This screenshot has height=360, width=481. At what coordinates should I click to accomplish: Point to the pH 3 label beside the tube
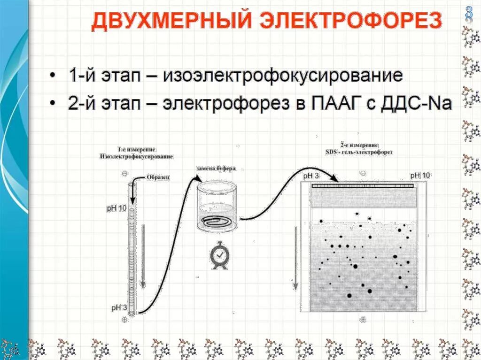tap(118, 308)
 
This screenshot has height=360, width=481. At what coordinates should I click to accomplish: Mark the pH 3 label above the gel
tap(311, 176)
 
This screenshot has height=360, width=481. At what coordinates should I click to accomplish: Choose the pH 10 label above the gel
tap(420, 176)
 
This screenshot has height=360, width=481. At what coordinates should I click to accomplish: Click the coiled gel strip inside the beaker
tap(217, 221)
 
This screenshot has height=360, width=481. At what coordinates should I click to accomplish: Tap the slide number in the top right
tap(468, 13)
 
